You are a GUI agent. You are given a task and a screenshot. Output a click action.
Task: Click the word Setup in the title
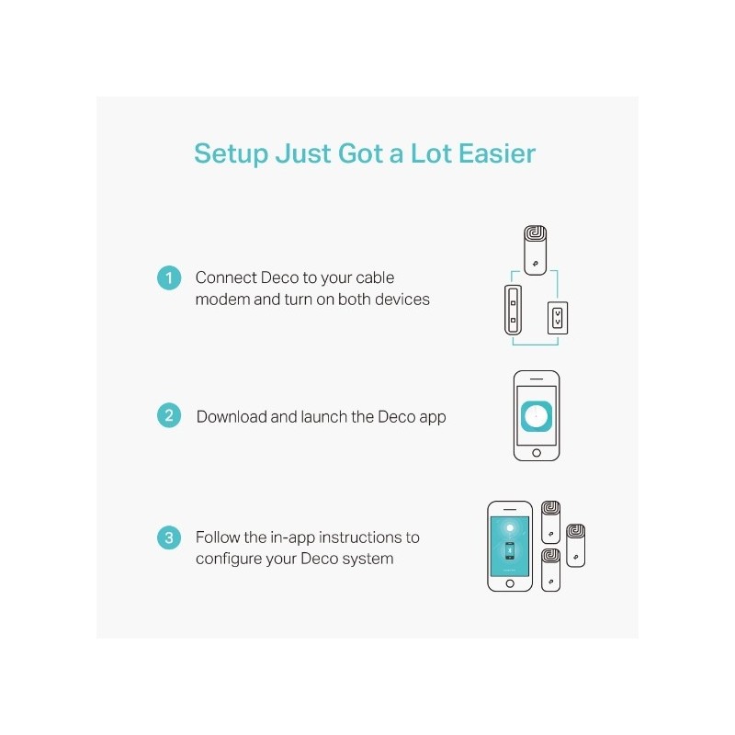(231, 153)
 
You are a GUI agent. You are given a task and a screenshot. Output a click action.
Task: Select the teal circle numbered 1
(168, 277)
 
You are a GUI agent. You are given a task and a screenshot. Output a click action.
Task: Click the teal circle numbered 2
(168, 415)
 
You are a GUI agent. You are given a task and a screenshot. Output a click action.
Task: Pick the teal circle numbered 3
(168, 538)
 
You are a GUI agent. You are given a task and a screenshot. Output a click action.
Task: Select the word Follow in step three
(218, 537)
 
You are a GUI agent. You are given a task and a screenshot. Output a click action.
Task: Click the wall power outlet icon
(557, 318)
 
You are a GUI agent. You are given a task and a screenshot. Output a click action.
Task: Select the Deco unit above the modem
(536, 250)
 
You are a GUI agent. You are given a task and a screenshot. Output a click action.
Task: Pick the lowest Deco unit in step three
(551, 570)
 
